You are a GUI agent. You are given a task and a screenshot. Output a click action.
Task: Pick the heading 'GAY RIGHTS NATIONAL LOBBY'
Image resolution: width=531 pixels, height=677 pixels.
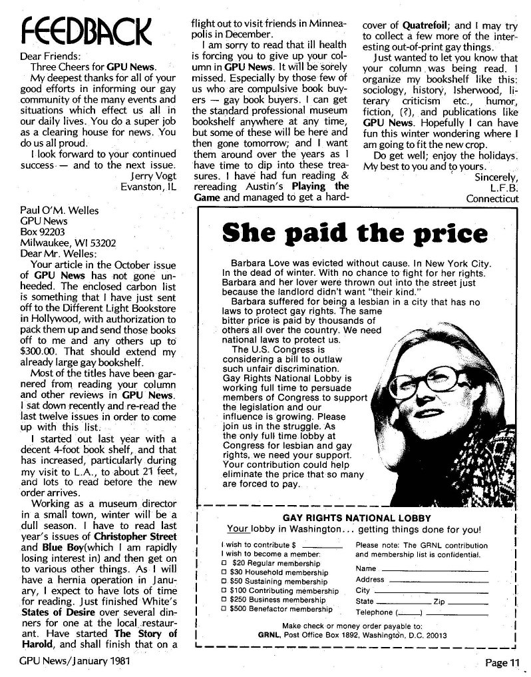pyautogui.click(x=357, y=518)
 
